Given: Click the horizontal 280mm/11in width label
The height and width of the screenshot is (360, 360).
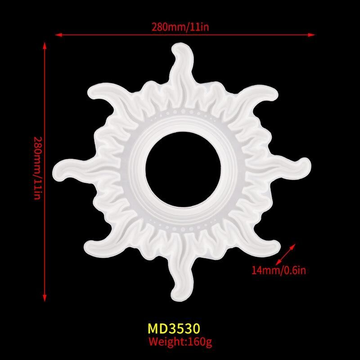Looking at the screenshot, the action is [x=180, y=27].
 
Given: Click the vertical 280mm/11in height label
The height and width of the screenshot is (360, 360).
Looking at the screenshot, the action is [x=37, y=168].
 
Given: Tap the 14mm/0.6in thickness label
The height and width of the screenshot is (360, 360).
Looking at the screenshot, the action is [x=279, y=270].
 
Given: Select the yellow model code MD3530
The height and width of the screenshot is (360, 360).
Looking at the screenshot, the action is [x=174, y=328].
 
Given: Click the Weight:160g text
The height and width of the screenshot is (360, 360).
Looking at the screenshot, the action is [x=180, y=342].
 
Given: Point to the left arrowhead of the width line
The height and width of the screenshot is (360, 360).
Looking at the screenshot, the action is [x=59, y=35].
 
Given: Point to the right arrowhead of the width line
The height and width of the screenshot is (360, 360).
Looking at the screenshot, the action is [x=311, y=35].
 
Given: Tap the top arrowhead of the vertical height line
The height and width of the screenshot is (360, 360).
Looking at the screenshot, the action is [x=45, y=46].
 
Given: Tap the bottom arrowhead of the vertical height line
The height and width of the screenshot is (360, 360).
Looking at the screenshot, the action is [x=45, y=298].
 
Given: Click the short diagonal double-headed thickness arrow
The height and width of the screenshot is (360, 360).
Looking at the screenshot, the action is [x=285, y=254].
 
